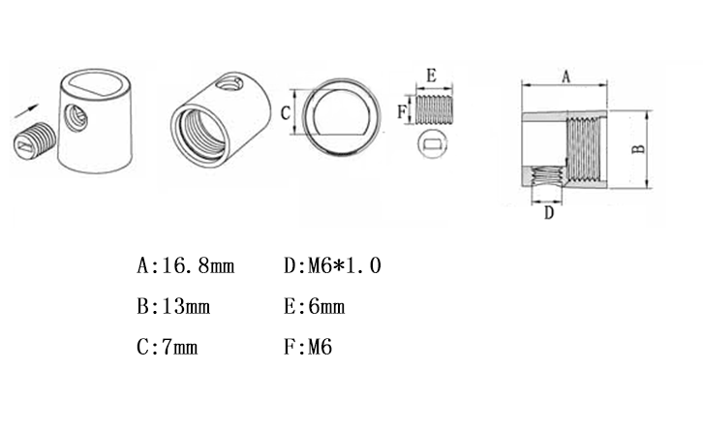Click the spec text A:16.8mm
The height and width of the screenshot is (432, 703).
[186, 265]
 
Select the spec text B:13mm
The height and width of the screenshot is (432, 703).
[173, 307]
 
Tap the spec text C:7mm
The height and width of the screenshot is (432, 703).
[168, 347]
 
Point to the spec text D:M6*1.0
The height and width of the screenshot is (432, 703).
[332, 265]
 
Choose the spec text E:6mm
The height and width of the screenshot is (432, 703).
[315, 307]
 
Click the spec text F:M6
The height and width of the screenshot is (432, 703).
[308, 347]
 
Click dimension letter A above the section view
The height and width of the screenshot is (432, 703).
[565, 77]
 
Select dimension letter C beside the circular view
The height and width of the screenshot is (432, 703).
[285, 112]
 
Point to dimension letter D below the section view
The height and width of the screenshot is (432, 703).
[549, 213]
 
